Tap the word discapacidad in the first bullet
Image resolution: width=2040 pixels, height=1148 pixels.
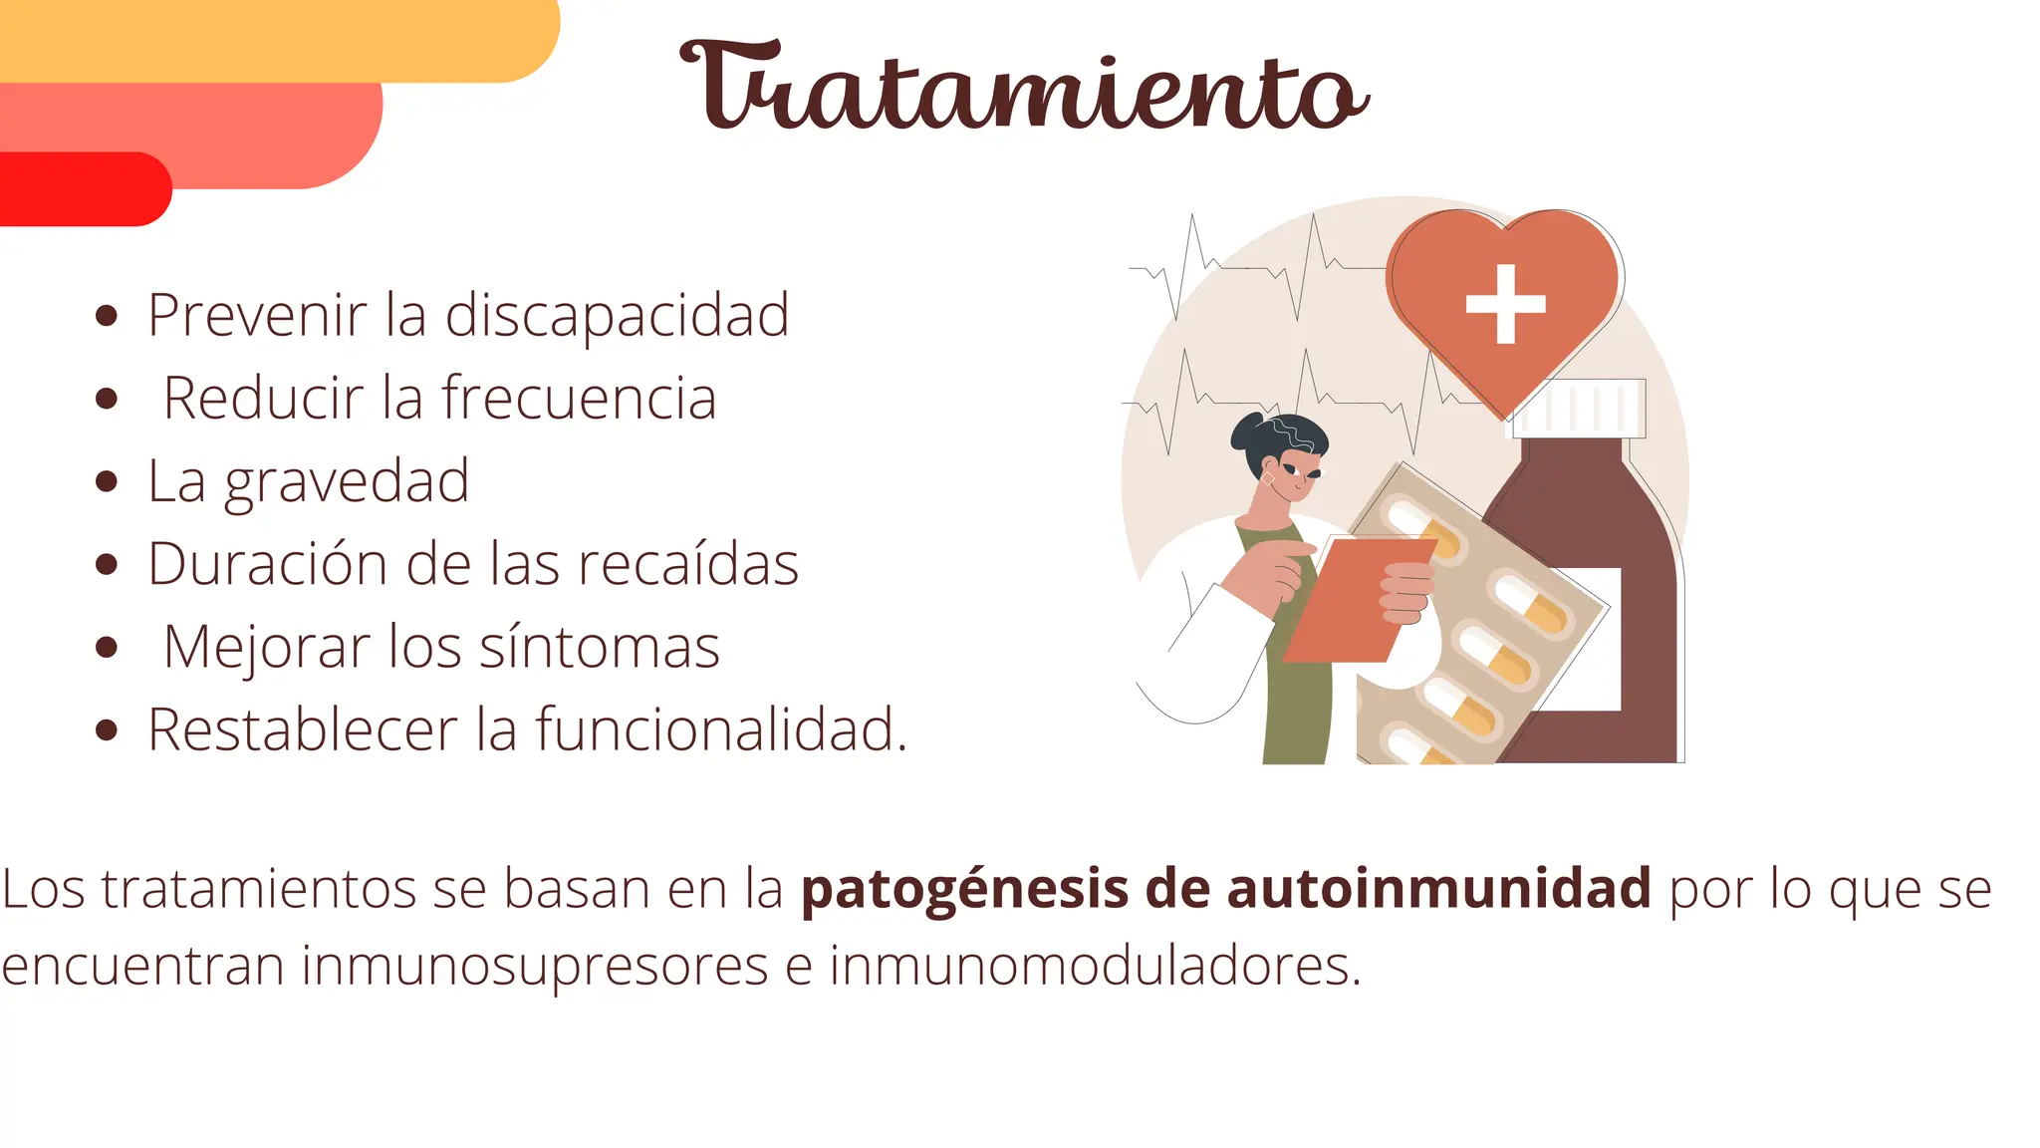617,316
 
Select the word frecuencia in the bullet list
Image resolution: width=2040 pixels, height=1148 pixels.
579,399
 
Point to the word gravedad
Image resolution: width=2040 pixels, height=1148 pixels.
346,482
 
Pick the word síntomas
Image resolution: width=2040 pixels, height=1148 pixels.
599,648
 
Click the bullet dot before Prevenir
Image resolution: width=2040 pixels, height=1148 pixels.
107,318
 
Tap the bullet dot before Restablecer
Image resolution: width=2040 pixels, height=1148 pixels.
107,730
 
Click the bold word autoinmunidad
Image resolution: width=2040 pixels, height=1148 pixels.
1438,889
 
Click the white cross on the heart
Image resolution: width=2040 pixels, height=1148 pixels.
1505,304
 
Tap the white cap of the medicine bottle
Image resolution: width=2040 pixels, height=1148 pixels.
1584,408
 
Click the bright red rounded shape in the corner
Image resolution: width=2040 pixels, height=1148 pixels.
80,189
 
